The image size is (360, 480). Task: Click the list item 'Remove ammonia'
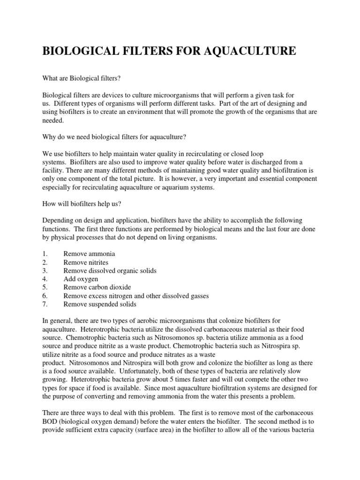pos(90,254)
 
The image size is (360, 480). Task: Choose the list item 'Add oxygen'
pos(81,279)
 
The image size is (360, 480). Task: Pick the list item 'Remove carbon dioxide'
pos(97,287)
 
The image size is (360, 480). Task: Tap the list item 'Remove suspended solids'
pos(100,304)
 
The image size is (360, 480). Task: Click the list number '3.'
pos(45,271)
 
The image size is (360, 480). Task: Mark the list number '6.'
pos(45,296)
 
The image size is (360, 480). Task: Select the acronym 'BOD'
pos(51,421)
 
